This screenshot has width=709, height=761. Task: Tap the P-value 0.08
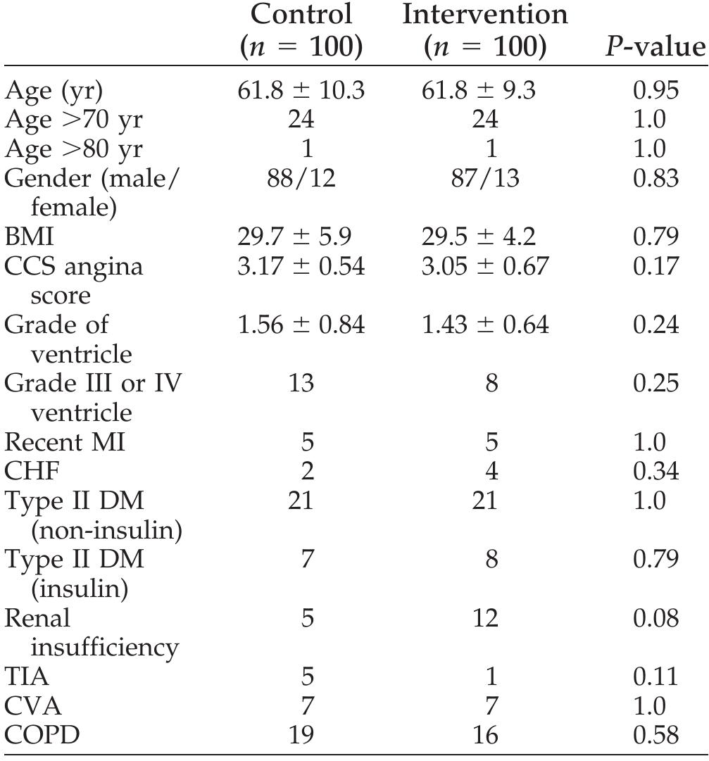655,618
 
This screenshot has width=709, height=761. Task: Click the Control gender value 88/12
301,178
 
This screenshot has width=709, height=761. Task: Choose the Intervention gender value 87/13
485,178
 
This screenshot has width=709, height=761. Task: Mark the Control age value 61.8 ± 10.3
301,91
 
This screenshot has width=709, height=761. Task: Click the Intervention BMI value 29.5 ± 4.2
485,237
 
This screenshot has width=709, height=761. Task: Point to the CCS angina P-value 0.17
655,266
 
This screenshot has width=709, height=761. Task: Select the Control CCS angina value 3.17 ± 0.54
301,266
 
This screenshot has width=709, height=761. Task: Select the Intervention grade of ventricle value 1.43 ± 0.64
485,325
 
